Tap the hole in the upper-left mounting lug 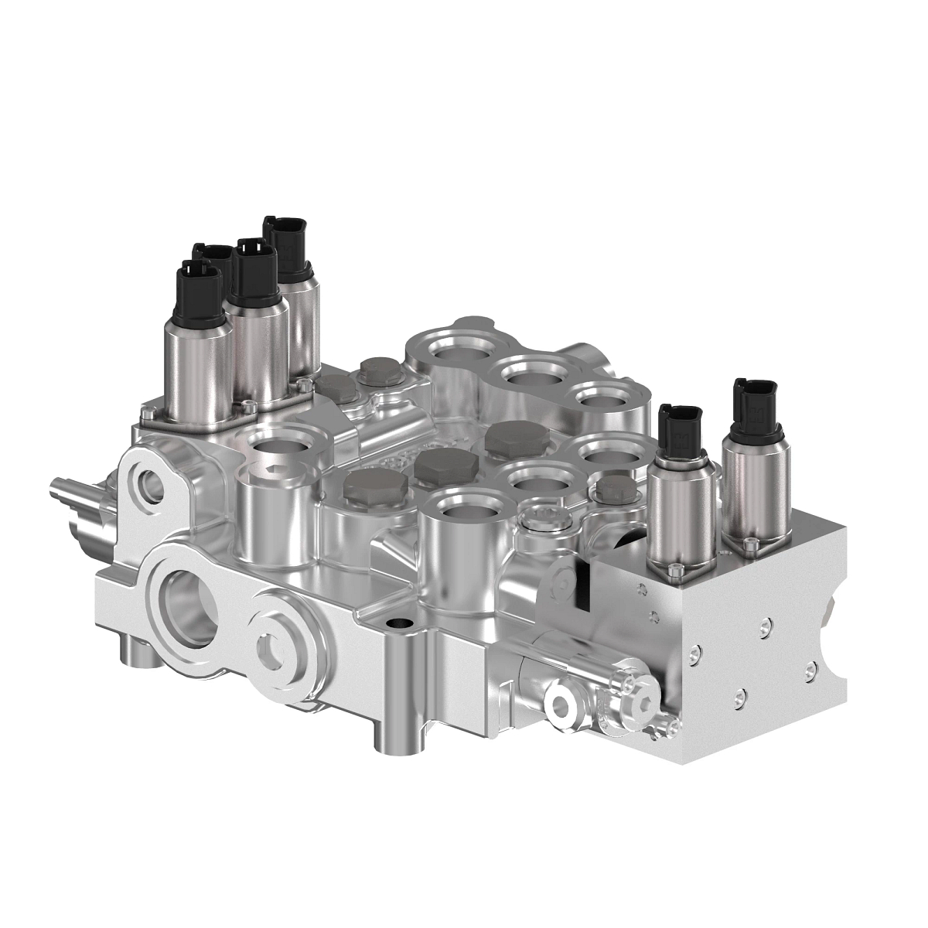click(146, 487)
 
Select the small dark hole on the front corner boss click(398, 623)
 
